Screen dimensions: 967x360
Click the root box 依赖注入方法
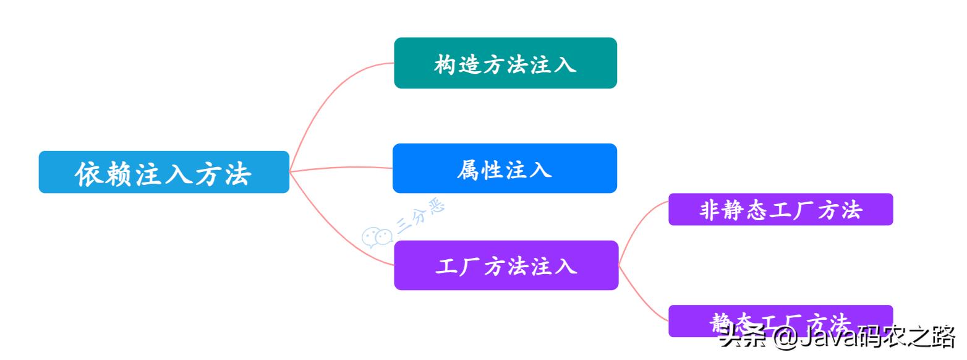tap(164, 172)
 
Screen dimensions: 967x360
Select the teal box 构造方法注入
tap(505, 63)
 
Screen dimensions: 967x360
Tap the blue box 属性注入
tap(505, 168)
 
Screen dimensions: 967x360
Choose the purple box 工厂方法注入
tap(506, 265)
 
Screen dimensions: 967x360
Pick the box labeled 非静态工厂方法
tap(780, 210)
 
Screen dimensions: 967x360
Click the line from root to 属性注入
tap(340, 168)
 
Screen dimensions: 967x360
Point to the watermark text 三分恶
tap(420, 218)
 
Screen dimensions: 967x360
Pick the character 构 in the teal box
tap(444, 64)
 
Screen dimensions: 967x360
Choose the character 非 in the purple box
tap(709, 210)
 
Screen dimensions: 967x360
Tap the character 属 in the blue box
tap(468, 169)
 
